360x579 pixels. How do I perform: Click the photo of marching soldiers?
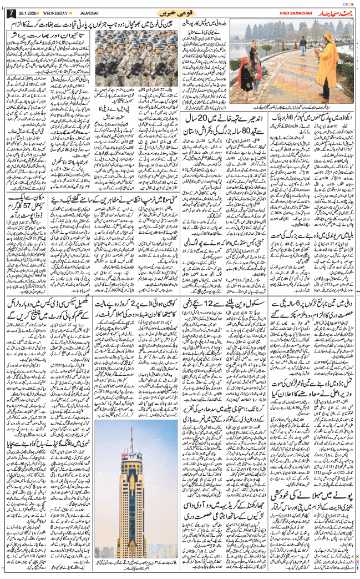coord(134,55)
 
